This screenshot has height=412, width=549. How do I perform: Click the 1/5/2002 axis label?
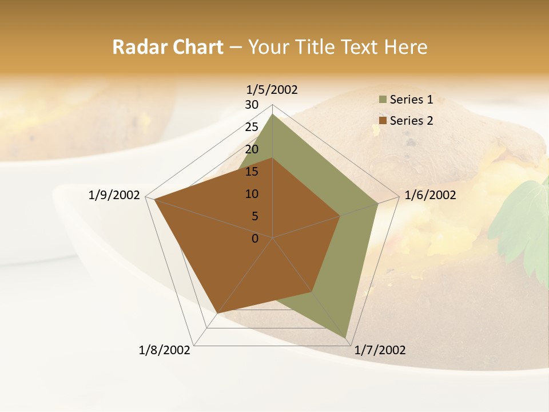pos(272,89)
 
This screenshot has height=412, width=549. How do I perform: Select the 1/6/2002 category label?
pos(430,195)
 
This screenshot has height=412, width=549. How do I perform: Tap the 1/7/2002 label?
pos(380,350)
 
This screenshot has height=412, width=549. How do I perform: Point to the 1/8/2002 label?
pos(165,350)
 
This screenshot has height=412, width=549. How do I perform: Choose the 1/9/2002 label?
pos(114,195)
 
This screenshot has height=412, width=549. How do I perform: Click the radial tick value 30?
pos(252,105)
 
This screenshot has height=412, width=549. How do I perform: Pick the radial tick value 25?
pos(252,127)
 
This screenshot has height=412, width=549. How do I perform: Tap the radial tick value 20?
pos(252,149)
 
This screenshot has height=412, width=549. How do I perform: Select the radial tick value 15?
pos(252,172)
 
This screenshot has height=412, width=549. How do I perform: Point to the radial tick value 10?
pos(252,194)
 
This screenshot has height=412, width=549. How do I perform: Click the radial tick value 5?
pos(255,216)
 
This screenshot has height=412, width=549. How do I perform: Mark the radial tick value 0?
pos(255,239)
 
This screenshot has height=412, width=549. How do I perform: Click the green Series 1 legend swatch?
pos(383,100)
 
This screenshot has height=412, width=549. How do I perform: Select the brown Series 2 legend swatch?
pos(383,121)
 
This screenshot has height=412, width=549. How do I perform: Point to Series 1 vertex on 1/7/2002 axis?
pos(347,338)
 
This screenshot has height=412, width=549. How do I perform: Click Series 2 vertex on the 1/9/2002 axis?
pos(154,199)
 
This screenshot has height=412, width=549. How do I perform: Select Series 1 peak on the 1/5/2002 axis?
pos(273,114)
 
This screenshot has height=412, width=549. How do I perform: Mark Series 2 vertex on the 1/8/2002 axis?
pos(217,313)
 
